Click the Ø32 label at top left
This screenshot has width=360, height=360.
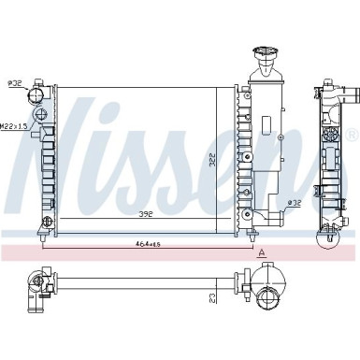point(15,82)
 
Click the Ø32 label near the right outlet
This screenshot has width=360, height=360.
point(293,203)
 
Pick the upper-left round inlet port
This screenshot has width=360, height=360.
point(37,94)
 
